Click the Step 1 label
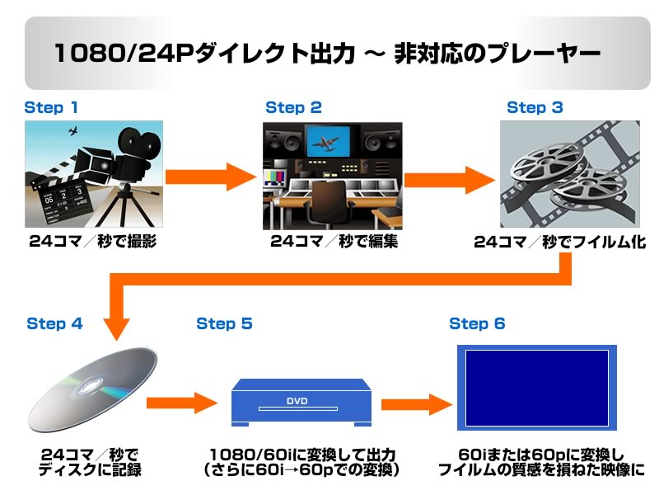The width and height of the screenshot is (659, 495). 51,107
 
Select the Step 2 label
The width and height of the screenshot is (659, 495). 293,107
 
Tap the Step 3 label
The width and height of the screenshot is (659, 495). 535,107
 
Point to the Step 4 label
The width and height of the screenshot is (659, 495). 54,323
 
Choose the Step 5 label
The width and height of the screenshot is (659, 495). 224,323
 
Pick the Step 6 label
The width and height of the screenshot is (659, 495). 477,323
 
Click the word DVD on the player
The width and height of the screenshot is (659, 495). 297,402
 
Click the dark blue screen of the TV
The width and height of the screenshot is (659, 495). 536,388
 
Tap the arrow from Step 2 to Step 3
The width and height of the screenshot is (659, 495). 449,176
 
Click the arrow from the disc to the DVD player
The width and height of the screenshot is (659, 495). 180,403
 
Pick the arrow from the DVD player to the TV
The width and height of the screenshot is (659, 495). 417,403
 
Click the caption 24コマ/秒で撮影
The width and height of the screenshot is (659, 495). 92,242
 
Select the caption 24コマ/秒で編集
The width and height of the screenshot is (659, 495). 334,242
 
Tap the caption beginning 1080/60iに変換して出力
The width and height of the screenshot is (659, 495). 302,455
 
